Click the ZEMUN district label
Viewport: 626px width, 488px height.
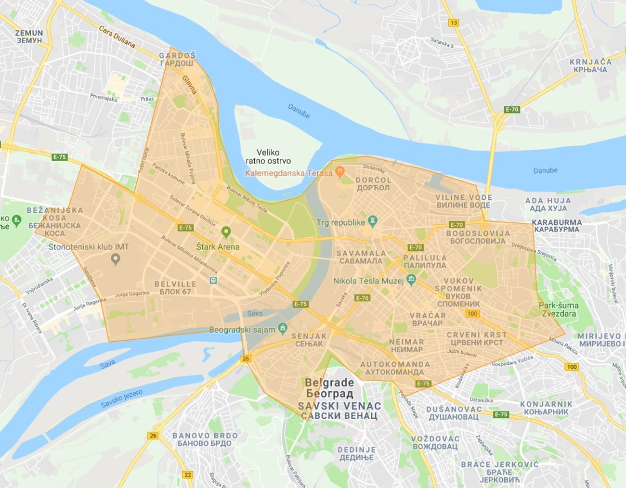[29, 37]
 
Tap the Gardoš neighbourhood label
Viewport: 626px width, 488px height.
[177, 59]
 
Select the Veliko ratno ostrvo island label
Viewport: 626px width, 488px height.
[268, 156]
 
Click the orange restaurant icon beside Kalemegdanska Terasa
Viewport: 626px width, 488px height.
[340, 171]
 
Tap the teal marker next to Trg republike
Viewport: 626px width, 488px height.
[372, 221]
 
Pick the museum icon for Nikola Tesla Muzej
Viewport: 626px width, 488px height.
[411, 280]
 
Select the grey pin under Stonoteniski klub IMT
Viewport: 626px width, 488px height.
[115, 259]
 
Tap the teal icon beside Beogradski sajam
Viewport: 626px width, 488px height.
[283, 328]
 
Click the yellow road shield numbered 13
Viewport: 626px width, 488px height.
[453, 23]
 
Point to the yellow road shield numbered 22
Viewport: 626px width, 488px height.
[187, 475]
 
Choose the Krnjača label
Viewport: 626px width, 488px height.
[590, 65]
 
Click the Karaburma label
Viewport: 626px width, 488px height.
[557, 226]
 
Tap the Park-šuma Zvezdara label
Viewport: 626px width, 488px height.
[559, 309]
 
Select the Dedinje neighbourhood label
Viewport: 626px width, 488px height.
[356, 453]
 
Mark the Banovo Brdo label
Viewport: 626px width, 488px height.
[205, 439]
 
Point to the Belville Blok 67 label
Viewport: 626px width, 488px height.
[175, 288]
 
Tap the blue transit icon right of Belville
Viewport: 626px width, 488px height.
[213, 281]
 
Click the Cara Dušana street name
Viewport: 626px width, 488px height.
[117, 37]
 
